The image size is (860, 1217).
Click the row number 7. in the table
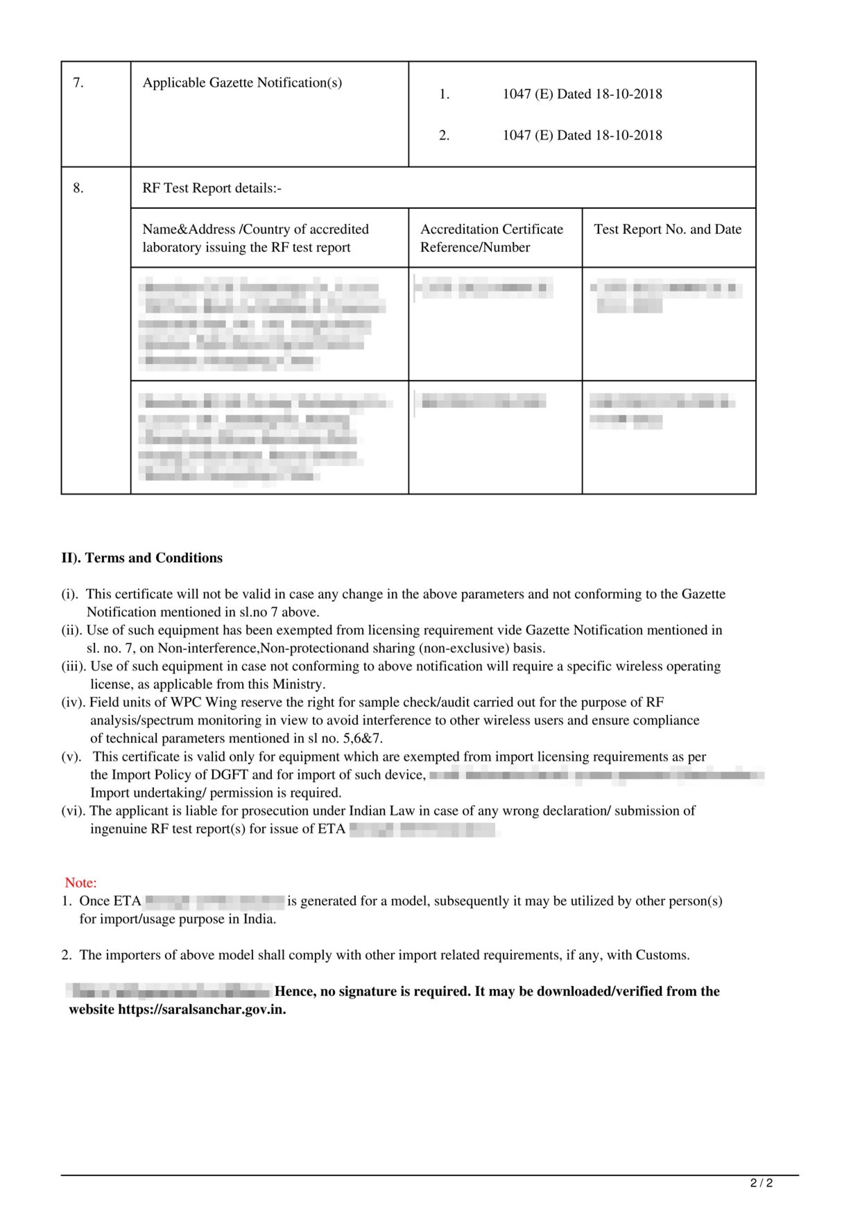tap(78, 83)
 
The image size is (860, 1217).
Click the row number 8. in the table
tap(78, 188)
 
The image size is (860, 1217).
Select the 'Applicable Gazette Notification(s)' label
tap(242, 83)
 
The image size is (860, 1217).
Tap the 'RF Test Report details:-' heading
tap(212, 188)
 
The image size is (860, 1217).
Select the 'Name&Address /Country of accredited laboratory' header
tap(256, 238)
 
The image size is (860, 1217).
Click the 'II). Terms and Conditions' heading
tap(142, 558)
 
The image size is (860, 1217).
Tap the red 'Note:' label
tap(80, 883)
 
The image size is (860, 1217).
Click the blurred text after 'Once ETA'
tap(215, 901)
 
